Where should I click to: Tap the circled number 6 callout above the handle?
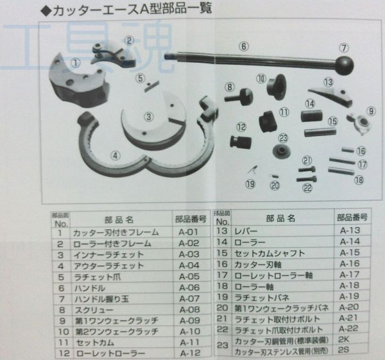(244, 46)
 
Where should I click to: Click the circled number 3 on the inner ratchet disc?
(148, 117)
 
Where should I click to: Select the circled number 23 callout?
(282, 138)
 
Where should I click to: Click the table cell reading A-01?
(187, 233)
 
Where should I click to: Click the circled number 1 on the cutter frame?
(76, 63)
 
